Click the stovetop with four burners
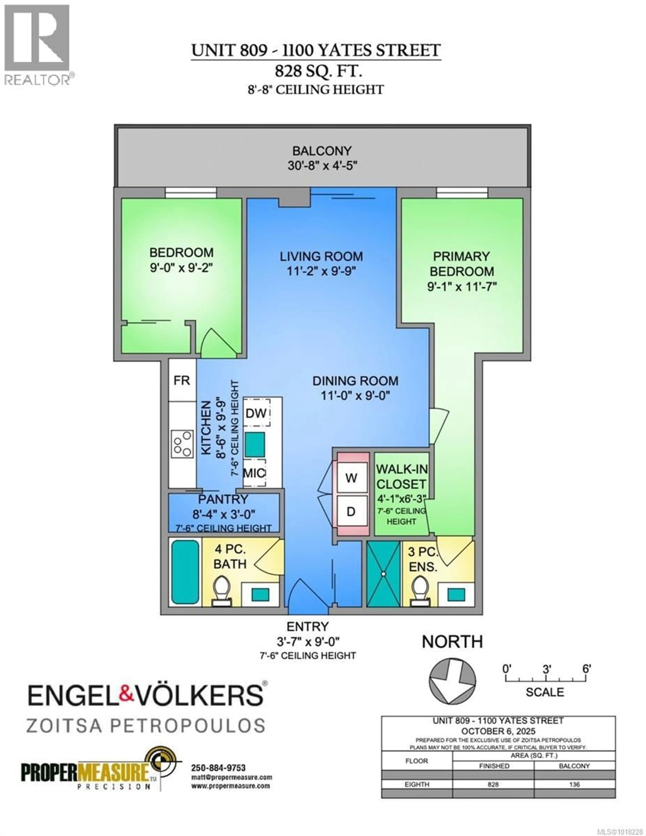[x=182, y=444]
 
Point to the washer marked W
[x=351, y=478]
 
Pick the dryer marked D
[x=351, y=511]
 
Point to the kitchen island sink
[x=255, y=444]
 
